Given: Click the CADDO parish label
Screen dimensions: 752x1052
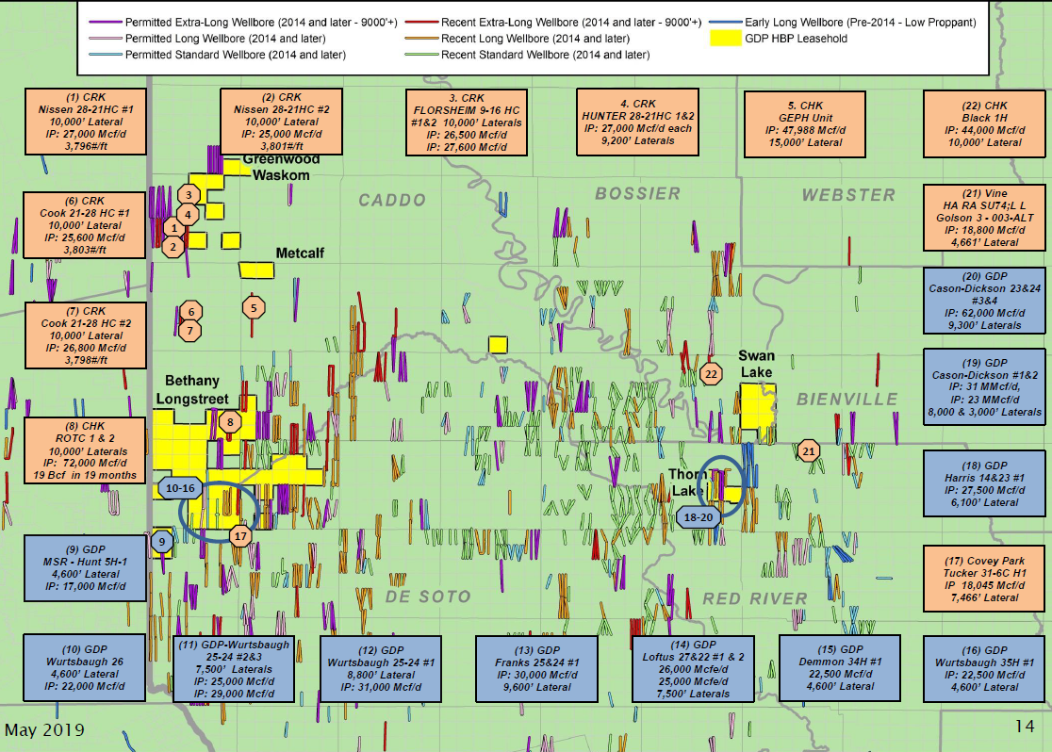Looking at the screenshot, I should [392, 200].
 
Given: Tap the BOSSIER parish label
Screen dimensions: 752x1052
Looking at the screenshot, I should [637, 193].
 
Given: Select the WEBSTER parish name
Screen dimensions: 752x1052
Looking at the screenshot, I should [848, 195].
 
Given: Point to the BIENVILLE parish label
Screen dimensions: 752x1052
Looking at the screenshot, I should [847, 399].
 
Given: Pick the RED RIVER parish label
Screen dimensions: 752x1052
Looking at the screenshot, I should [754, 598].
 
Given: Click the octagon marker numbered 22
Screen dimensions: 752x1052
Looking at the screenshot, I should [711, 373].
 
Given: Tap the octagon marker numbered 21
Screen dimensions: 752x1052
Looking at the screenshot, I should [808, 451].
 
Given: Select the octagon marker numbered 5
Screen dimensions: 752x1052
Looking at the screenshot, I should [253, 307].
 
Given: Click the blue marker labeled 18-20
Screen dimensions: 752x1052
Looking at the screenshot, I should [700, 516].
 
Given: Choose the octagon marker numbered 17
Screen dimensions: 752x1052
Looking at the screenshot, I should [240, 536].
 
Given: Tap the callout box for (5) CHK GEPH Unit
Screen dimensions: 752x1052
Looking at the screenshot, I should [804, 123].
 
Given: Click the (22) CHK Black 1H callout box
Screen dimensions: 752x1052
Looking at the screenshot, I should [983, 123].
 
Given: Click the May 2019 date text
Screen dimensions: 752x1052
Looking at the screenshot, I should [44, 730].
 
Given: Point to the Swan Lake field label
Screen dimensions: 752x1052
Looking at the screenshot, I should [756, 365].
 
